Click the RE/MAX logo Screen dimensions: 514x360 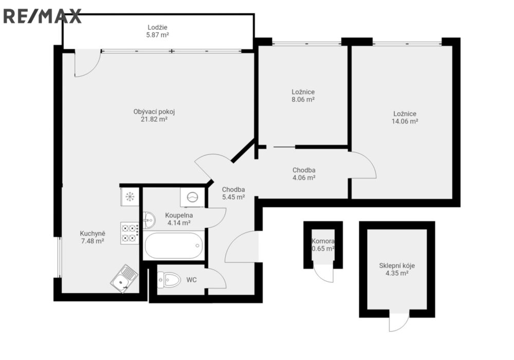point(42,16)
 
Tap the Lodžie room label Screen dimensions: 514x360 point(157,28)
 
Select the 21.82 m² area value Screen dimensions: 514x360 point(154,119)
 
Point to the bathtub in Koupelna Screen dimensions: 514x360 point(174,246)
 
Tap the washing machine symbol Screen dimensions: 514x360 point(192,197)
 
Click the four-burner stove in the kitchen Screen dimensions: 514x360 point(130,233)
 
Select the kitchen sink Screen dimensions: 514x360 point(124,279)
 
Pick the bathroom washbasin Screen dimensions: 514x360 point(149,220)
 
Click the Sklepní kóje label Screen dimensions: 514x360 point(397,265)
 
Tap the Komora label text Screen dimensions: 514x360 point(323,241)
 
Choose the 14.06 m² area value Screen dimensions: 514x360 point(405,121)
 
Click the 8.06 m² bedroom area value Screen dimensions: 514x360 point(303,99)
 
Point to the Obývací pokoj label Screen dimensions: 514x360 point(154,112)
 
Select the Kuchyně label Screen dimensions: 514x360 point(93,234)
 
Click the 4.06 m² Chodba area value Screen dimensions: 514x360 point(304,178)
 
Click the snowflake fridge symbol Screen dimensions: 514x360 point(130,197)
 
